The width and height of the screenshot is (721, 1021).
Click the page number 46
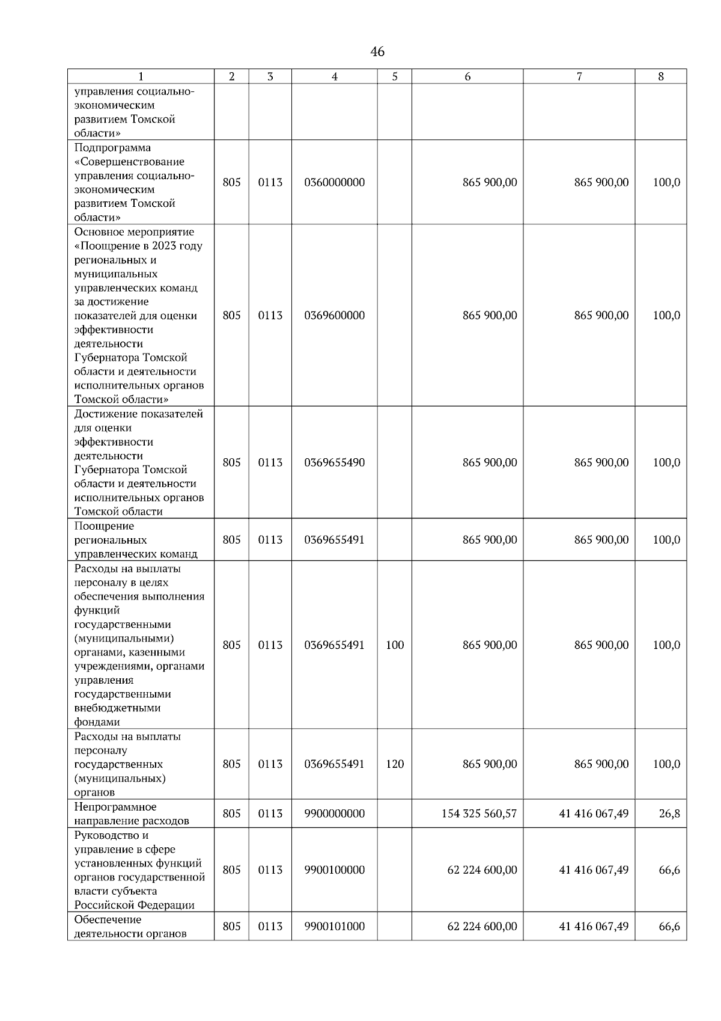pyautogui.click(x=377, y=52)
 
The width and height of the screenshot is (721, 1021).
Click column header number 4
pyautogui.click(x=334, y=76)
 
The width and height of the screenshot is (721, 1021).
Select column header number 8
pyautogui.click(x=661, y=76)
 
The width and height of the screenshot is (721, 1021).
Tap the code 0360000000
pyautogui.click(x=334, y=182)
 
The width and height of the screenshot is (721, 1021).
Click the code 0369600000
pyautogui.click(x=334, y=316)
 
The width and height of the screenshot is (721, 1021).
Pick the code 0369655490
pyautogui.click(x=334, y=462)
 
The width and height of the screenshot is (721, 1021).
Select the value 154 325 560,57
pyautogui.click(x=479, y=814)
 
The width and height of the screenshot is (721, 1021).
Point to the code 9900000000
pyautogui.click(x=334, y=814)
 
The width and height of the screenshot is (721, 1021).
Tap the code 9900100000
pyautogui.click(x=334, y=870)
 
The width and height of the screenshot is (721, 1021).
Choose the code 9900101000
pyautogui.click(x=334, y=927)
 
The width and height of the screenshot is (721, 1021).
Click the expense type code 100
pyautogui.click(x=395, y=645)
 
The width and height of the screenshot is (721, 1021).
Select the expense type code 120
pyautogui.click(x=395, y=764)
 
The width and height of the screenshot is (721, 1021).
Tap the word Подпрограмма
pyautogui.click(x=112, y=148)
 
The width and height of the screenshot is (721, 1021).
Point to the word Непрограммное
pyautogui.click(x=115, y=807)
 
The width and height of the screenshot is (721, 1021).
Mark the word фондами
pyautogui.click(x=97, y=722)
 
